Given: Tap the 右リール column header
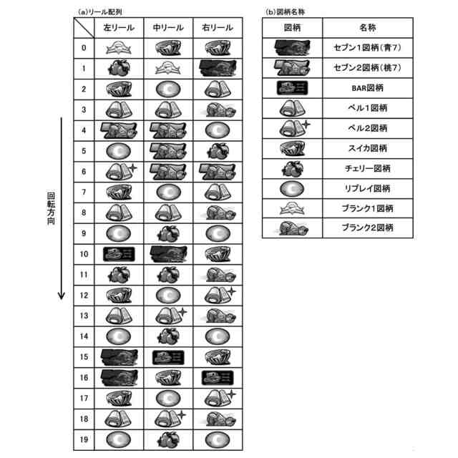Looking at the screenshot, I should click(x=217, y=28).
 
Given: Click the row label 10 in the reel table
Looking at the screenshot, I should click(x=84, y=253).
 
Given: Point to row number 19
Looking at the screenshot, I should click(x=84, y=439).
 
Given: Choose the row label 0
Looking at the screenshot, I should click(x=84, y=48).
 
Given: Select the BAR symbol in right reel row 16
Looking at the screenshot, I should click(x=217, y=377).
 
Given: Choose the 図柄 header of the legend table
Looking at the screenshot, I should click(x=292, y=28).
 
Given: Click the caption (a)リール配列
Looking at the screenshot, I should click(x=100, y=12).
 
